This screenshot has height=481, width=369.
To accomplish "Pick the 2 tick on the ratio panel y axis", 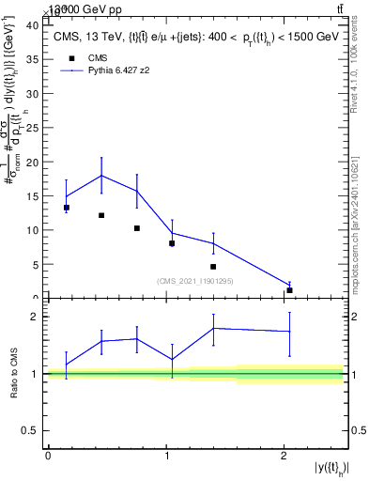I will pyautogui.click(x=37, y=317).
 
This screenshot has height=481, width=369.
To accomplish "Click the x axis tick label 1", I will pyautogui.click(x=166, y=455).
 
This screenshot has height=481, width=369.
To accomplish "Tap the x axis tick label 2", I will pyautogui.click(x=284, y=455).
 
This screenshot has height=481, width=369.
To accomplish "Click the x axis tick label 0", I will pyautogui.click(x=48, y=455).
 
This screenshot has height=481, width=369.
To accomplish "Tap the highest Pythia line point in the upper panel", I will pyautogui.click(x=101, y=176).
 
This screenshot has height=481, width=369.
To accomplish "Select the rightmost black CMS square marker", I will pyautogui.click(x=290, y=290).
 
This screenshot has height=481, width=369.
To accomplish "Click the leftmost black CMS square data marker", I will pyautogui.click(x=67, y=208).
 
